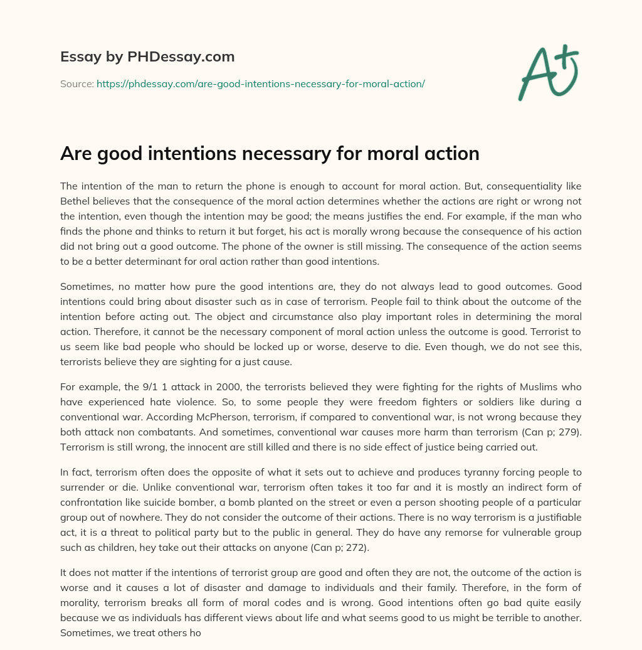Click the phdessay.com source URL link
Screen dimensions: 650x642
tap(260, 83)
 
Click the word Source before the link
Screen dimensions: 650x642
tap(76, 83)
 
